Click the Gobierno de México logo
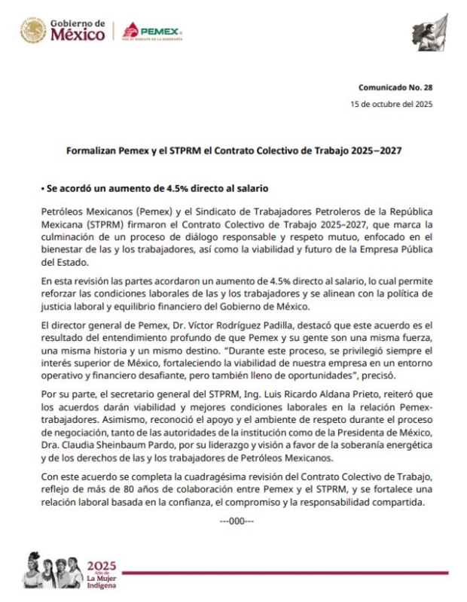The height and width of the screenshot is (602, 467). (63, 32)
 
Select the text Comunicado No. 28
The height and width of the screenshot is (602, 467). (395, 87)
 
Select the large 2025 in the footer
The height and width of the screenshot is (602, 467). (102, 565)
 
